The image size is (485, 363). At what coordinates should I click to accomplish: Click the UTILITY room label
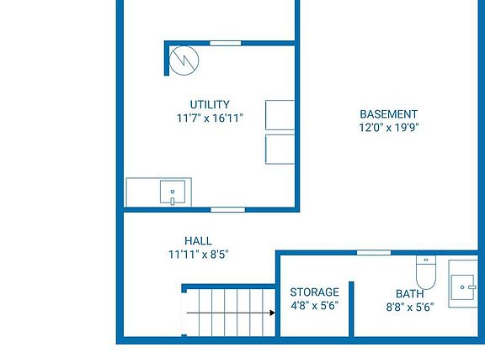click(x=210, y=105)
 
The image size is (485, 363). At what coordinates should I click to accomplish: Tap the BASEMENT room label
click(x=388, y=114)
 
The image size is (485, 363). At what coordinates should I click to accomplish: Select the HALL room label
click(x=198, y=241)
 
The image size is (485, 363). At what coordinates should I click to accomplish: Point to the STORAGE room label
click(x=315, y=292)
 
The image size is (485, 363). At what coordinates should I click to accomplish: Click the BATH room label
click(x=409, y=294)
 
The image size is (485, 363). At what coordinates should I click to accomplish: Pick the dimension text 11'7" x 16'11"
click(x=210, y=118)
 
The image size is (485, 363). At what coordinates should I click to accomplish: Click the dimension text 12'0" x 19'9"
click(x=388, y=128)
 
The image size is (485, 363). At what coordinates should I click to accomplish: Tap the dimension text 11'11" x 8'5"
click(x=198, y=255)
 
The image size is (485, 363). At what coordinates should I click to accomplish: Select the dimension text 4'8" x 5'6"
click(x=314, y=306)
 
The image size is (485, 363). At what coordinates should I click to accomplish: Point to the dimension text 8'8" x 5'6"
click(x=409, y=308)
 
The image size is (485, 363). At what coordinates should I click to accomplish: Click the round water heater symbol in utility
click(x=183, y=60)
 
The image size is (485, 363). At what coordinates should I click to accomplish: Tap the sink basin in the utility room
click(x=173, y=192)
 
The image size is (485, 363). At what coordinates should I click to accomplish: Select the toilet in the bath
click(x=425, y=271)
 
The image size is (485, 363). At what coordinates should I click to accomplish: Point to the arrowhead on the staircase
click(x=272, y=313)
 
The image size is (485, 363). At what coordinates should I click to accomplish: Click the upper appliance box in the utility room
click(x=280, y=115)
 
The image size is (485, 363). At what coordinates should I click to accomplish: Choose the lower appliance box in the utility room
click(x=280, y=149)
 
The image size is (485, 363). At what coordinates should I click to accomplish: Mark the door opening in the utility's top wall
click(x=226, y=43)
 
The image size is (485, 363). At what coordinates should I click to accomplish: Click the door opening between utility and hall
click(x=227, y=209)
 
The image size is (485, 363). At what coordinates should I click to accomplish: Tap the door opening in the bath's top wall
click(x=373, y=252)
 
